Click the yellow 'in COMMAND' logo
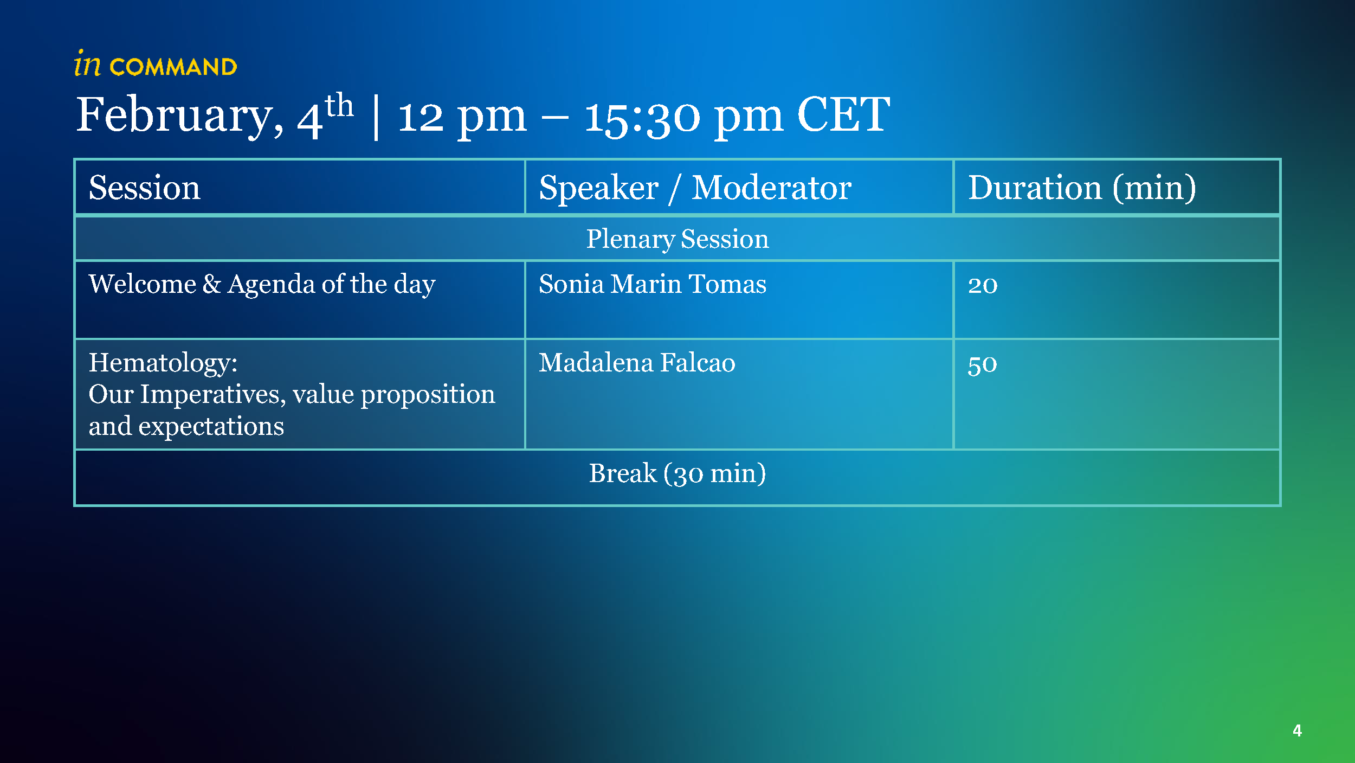tap(156, 64)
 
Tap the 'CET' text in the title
tap(843, 114)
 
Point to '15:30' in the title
tap(642, 117)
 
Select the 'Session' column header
tap(145, 188)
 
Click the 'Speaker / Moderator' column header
tap(695, 188)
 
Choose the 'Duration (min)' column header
tap(1082, 188)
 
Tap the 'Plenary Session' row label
tap(677, 239)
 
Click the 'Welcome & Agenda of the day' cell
tap(262, 284)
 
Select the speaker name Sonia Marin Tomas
tap(653, 284)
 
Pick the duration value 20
tap(983, 285)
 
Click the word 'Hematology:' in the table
tap(163, 363)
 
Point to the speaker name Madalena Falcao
tap(637, 362)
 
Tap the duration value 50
tap(982, 364)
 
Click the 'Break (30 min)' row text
tap(677, 473)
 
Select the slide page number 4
tap(1297, 730)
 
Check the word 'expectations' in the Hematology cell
tap(211, 427)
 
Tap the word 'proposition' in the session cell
tap(428, 395)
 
